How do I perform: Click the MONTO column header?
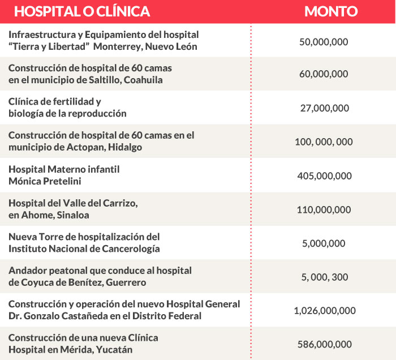click(x=331, y=11)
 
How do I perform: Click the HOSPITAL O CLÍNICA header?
click(x=82, y=11)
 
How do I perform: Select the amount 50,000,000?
click(x=323, y=41)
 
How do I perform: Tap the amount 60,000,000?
click(x=323, y=74)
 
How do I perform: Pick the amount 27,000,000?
click(x=323, y=108)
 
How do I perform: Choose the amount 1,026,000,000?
click(x=325, y=310)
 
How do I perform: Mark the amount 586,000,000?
click(x=324, y=344)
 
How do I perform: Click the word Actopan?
click(x=76, y=147)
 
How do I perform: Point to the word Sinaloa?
click(x=71, y=215)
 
